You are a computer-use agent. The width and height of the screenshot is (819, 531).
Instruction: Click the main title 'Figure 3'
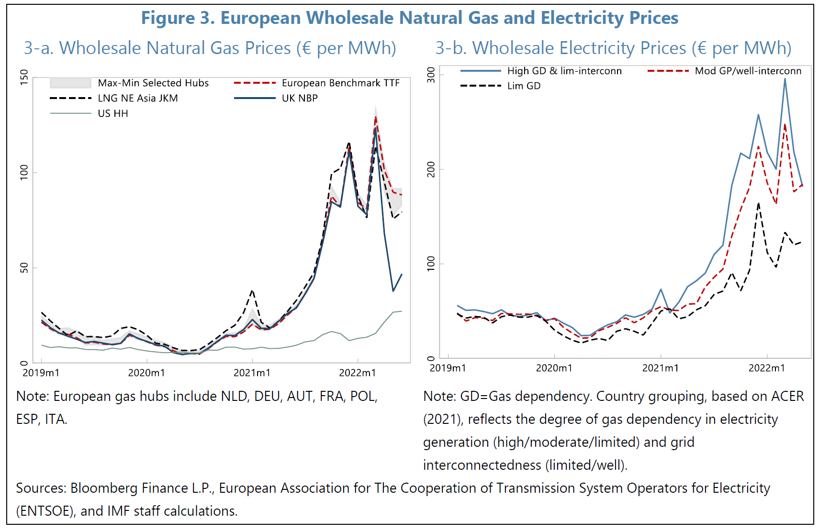[x=409, y=18]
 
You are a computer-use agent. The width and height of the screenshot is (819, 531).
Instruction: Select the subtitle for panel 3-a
[x=210, y=48]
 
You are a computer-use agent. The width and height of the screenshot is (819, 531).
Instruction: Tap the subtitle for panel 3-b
[x=613, y=48]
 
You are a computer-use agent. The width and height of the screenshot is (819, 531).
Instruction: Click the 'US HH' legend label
[x=113, y=113]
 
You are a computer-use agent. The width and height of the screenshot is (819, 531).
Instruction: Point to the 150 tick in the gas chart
[x=24, y=77]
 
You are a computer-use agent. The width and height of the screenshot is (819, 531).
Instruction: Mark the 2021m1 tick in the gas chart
[x=252, y=373]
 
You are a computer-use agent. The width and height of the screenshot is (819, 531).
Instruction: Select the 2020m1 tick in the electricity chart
[x=554, y=368]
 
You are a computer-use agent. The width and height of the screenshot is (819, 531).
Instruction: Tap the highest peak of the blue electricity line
[x=785, y=79]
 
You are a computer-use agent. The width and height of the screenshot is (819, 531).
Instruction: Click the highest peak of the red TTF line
[x=376, y=116]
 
